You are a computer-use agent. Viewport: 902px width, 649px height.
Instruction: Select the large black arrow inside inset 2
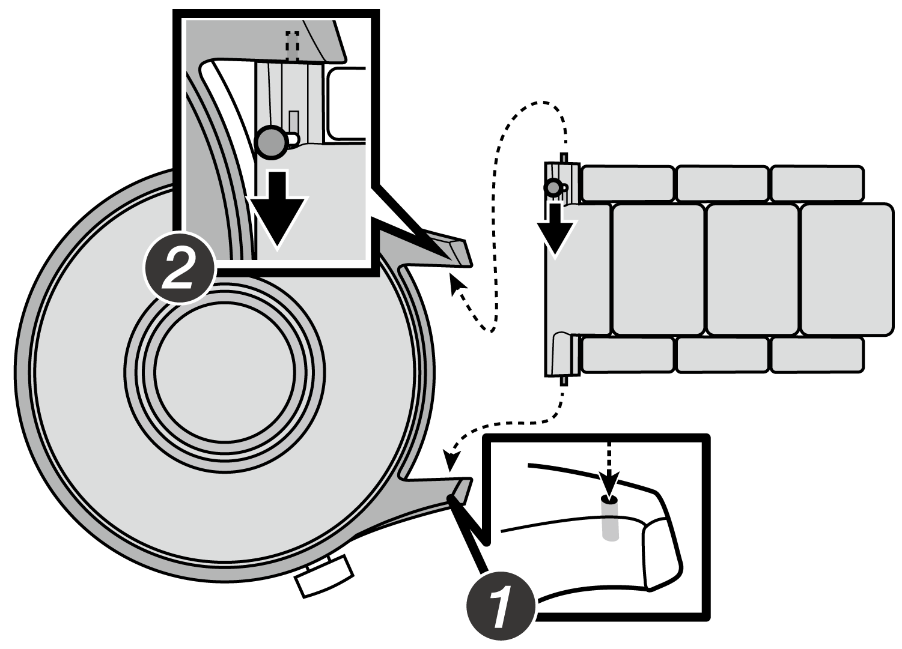click(x=277, y=207)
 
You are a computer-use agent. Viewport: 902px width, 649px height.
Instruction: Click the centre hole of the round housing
click(x=225, y=372)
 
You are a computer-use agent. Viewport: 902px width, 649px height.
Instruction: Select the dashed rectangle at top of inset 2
click(x=292, y=45)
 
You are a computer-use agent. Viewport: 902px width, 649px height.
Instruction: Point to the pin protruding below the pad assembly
click(x=564, y=381)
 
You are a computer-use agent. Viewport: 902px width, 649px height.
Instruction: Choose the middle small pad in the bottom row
click(x=723, y=355)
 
